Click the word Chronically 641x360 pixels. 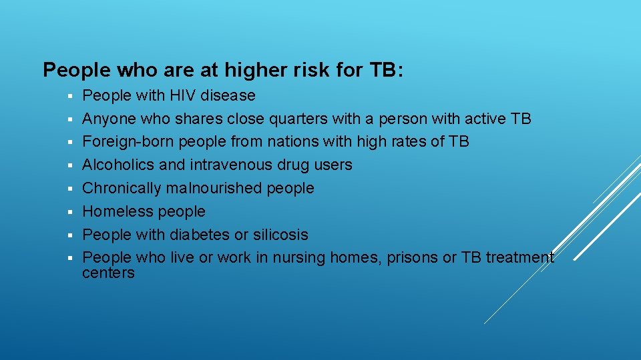coord(122,188)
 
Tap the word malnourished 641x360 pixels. coord(214,188)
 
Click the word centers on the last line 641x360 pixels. coord(108,273)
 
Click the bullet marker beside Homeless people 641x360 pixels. coord(69,212)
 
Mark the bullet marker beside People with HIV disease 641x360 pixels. coord(69,96)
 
